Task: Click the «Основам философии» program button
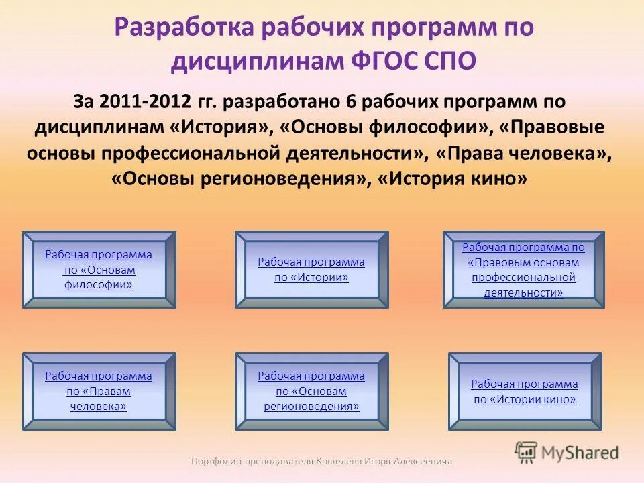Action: pyautogui.click(x=99, y=270)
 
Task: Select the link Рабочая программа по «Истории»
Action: pyautogui.click(x=311, y=270)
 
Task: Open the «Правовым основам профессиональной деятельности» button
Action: pyautogui.click(x=523, y=270)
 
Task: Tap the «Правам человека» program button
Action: pyautogui.click(x=99, y=391)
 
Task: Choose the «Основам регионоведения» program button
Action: pyautogui.click(x=311, y=391)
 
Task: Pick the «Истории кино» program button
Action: pyautogui.click(x=525, y=392)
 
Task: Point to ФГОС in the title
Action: pyautogui.click(x=384, y=60)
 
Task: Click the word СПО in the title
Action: pyautogui.click(x=450, y=60)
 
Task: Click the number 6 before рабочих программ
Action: pyautogui.click(x=350, y=103)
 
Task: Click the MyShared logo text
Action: pyautogui.click(x=580, y=453)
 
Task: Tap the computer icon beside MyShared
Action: pyautogui.click(x=527, y=451)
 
